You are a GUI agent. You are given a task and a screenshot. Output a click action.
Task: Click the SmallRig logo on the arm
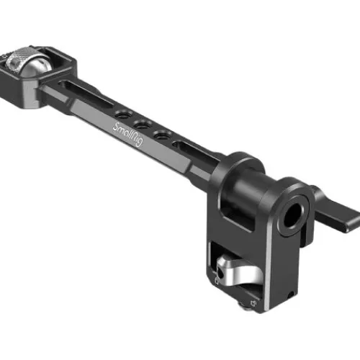(128, 135)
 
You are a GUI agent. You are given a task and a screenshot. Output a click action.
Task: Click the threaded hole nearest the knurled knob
(122, 115)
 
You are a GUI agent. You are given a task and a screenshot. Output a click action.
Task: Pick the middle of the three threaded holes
(142, 125)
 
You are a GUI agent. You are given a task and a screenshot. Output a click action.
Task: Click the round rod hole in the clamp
(292, 215)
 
